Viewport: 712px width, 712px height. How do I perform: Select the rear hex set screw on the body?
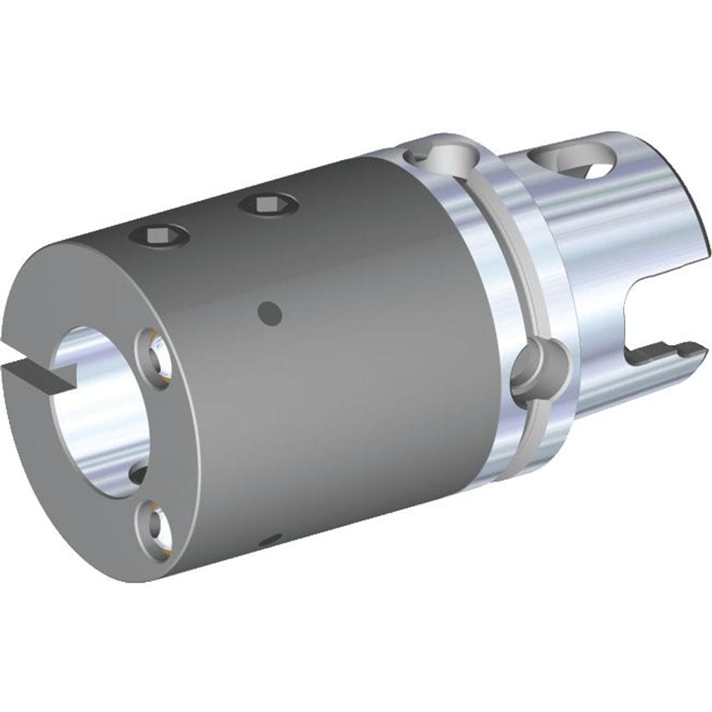tap(264, 203)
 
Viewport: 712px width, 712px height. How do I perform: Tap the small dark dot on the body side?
tap(268, 313)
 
